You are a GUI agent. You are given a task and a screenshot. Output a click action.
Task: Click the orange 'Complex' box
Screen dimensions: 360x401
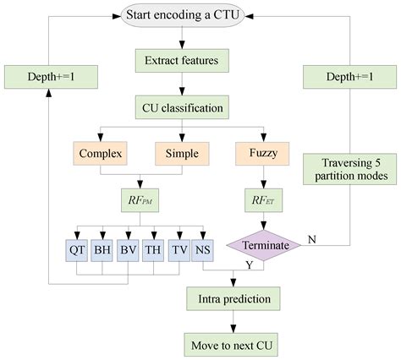[102, 155]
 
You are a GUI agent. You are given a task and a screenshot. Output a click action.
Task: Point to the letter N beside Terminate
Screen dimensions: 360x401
[311, 239]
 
